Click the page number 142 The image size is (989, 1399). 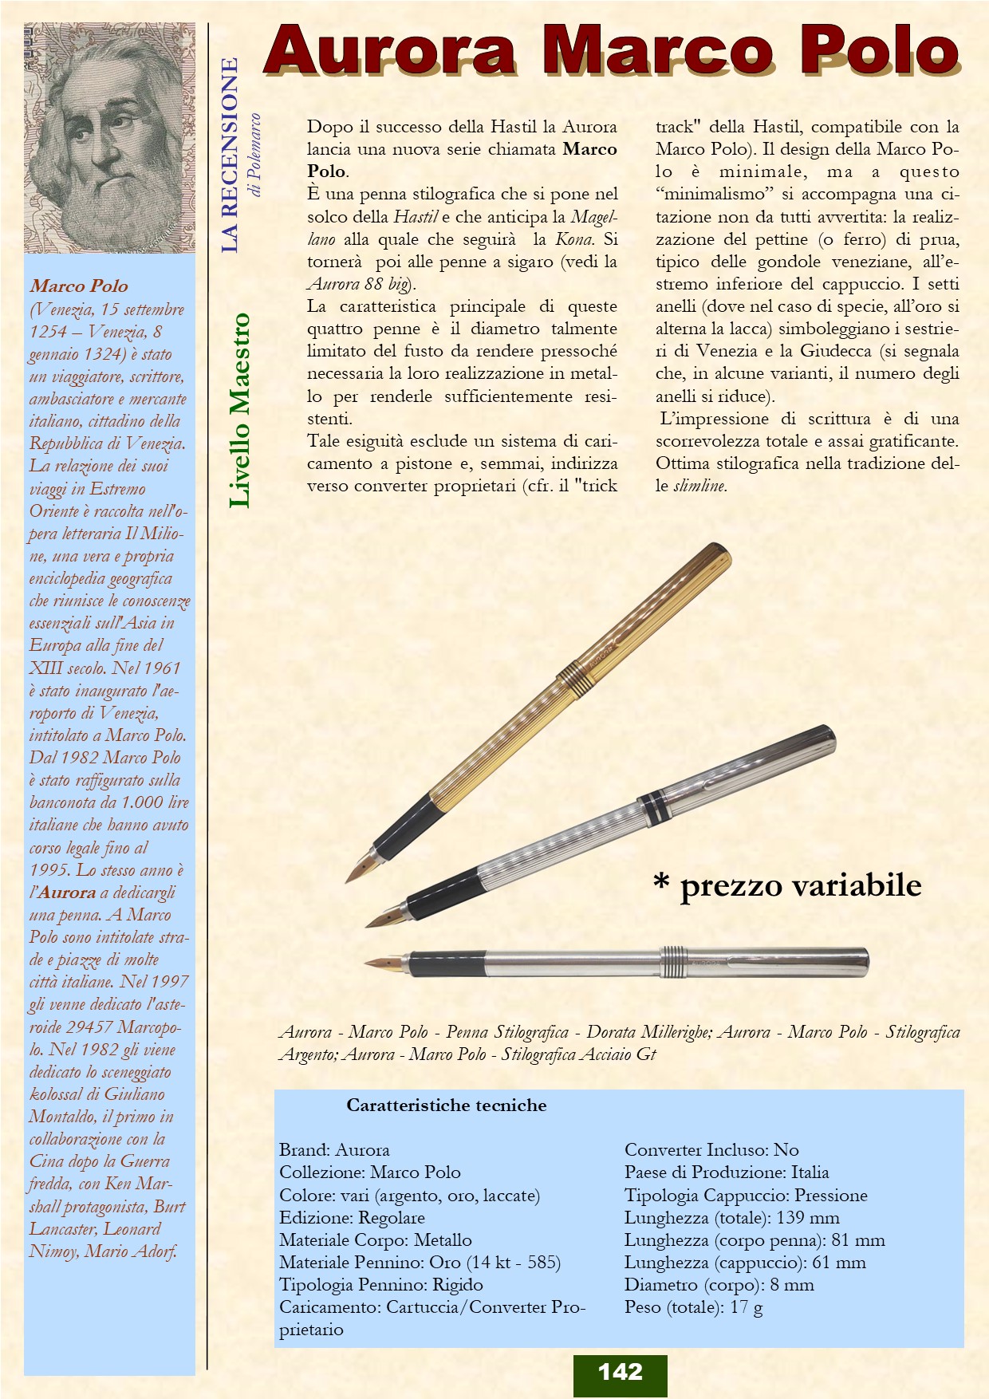620,1372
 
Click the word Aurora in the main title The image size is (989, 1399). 390,51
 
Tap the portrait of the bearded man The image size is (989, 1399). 109,138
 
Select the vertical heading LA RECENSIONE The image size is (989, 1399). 230,155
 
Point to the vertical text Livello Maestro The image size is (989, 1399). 239,410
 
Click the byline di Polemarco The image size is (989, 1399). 255,155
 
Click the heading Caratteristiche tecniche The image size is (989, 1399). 446,1105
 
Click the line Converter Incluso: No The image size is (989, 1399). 711,1150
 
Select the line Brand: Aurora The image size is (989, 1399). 334,1150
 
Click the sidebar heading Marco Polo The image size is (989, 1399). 79,286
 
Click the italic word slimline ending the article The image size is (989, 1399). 699,486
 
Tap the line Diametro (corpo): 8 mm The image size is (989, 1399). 719,1285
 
